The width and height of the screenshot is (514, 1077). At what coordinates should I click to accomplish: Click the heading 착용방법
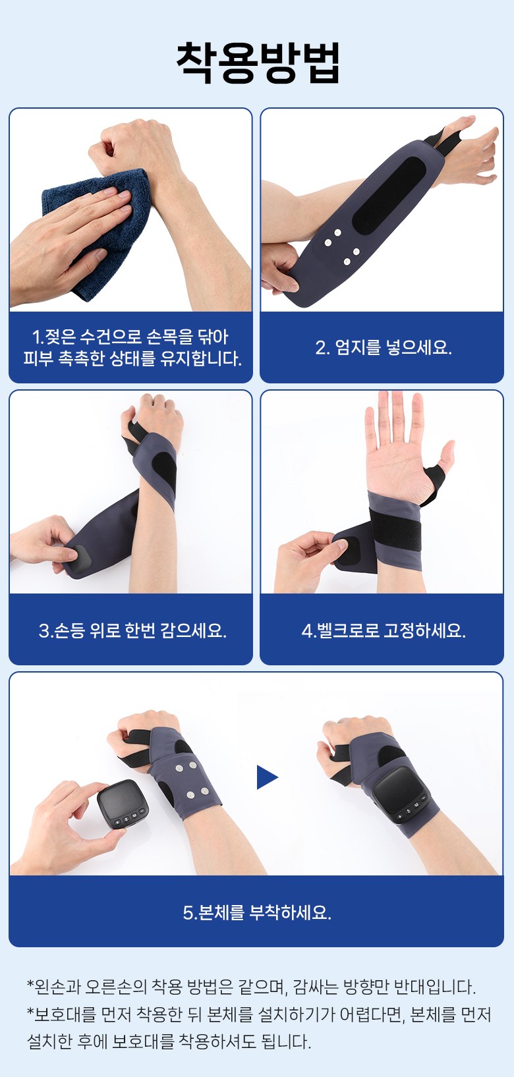pyautogui.click(x=258, y=63)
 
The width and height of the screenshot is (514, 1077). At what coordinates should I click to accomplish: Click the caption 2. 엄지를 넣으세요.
pyautogui.click(x=384, y=347)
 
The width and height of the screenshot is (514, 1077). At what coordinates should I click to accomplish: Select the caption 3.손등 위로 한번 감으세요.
pyautogui.click(x=132, y=630)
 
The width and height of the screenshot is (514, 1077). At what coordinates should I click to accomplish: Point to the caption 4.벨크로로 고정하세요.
pyautogui.click(x=384, y=630)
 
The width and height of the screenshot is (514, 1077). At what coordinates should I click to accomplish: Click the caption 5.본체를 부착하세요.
pyautogui.click(x=257, y=912)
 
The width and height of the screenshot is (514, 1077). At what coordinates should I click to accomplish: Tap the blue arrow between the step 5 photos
pyautogui.click(x=268, y=777)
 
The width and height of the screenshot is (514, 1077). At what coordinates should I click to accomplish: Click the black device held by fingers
pyautogui.click(x=123, y=804)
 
